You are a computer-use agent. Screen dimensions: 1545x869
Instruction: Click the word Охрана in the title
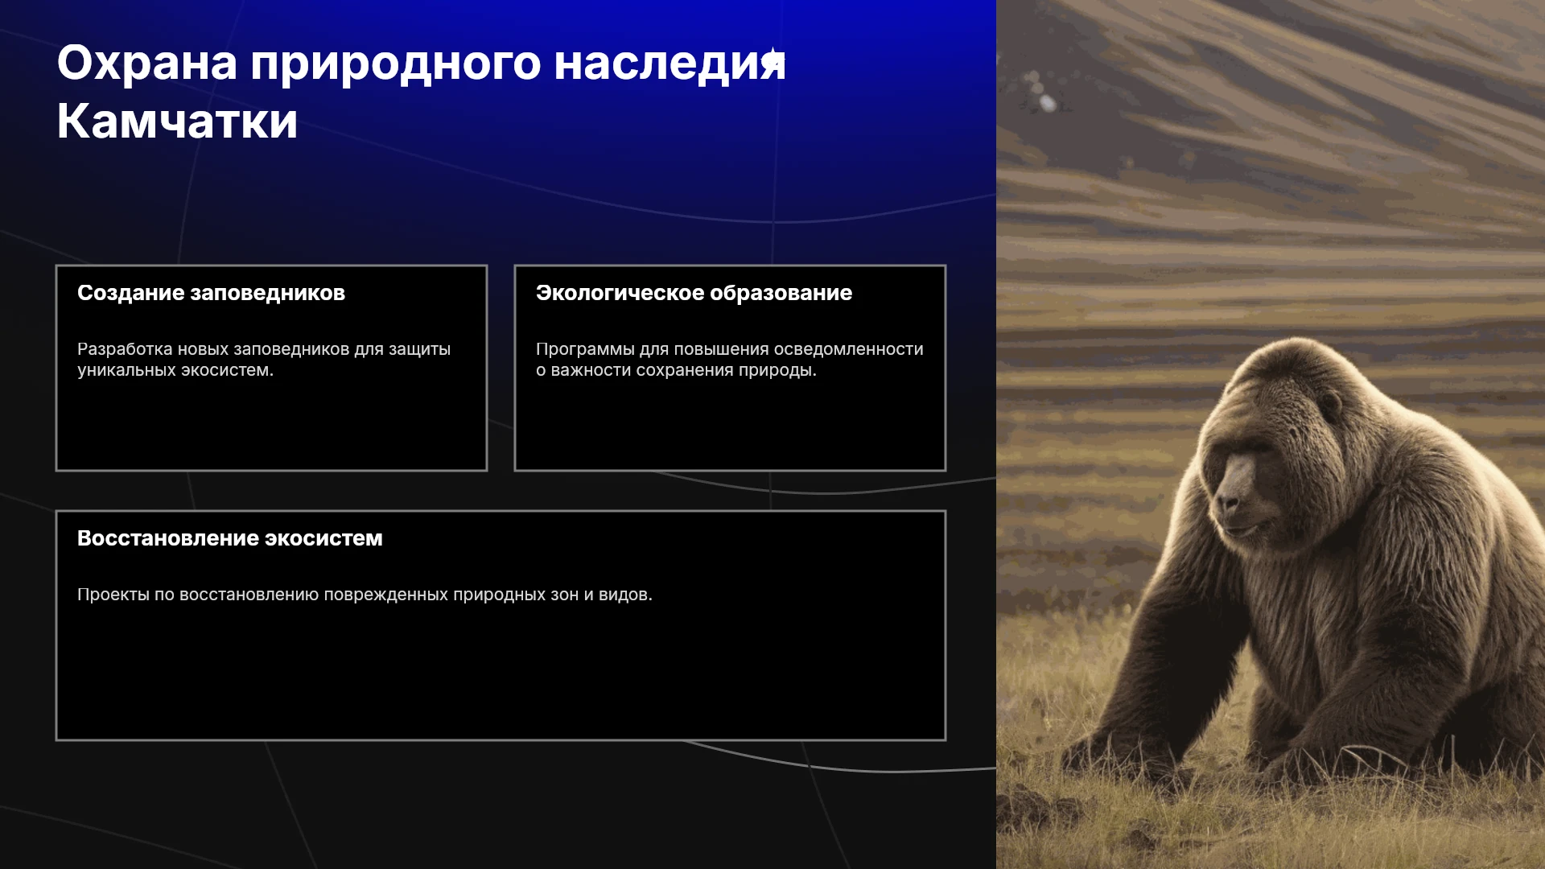(147, 63)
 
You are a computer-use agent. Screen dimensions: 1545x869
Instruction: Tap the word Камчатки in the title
(178, 121)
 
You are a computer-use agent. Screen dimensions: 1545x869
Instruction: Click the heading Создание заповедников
(211, 293)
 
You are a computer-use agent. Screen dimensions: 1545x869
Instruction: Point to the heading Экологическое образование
(694, 293)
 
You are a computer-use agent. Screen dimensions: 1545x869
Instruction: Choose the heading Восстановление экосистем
(230, 538)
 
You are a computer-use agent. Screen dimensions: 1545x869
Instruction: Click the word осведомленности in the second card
(848, 349)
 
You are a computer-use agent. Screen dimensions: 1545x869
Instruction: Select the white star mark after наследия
(772, 58)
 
